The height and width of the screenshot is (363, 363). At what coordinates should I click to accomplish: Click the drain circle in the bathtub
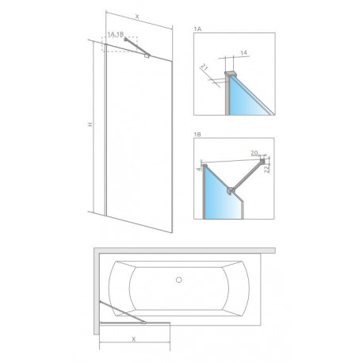click(x=179, y=280)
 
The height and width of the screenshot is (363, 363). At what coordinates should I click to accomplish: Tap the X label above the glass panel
click(x=137, y=17)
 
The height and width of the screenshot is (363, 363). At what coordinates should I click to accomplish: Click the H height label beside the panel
click(x=90, y=124)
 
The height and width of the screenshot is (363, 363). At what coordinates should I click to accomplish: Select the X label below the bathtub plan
click(x=134, y=339)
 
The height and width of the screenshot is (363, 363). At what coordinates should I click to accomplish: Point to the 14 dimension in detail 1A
click(x=244, y=52)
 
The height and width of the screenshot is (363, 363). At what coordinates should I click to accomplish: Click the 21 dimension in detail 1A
click(x=204, y=67)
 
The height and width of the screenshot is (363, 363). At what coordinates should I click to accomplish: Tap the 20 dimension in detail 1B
click(x=254, y=153)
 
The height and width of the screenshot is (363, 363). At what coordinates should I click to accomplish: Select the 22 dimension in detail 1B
click(x=267, y=169)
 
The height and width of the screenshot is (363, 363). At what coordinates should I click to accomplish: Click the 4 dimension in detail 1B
click(x=199, y=169)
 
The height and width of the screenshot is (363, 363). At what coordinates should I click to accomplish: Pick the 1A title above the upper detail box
click(x=197, y=29)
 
